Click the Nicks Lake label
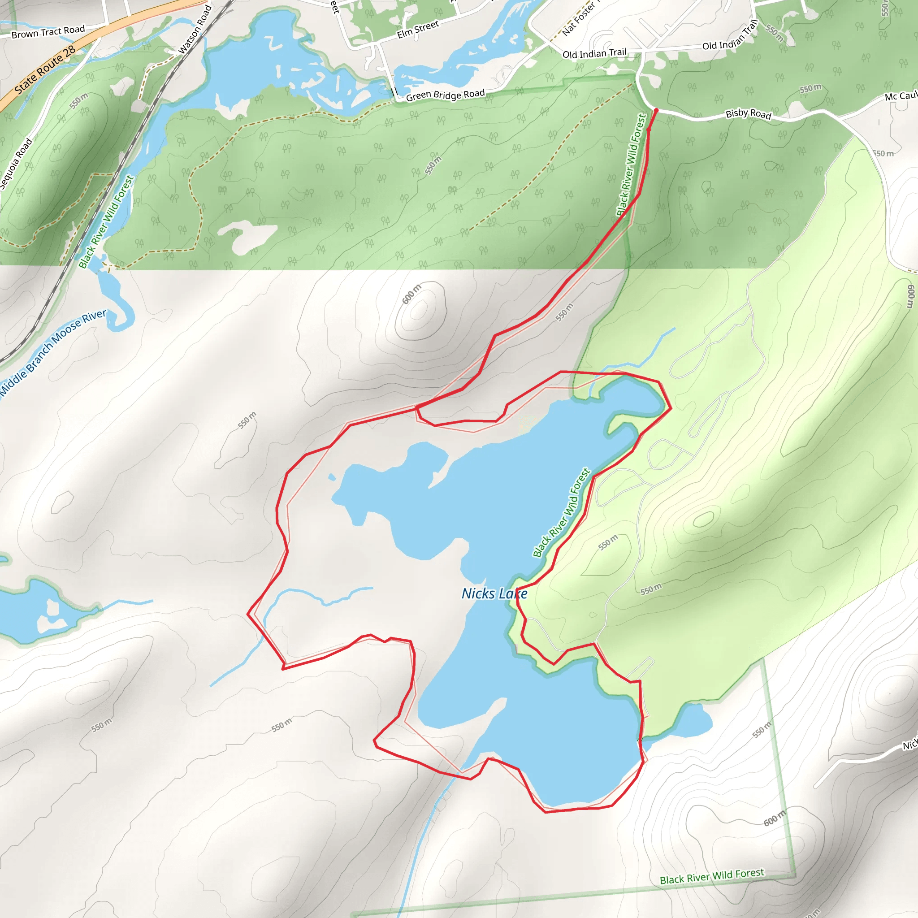[494, 593]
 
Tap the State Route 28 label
[45, 70]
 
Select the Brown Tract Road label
[48, 32]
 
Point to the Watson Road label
[195, 30]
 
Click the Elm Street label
[418, 30]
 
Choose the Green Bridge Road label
[445, 95]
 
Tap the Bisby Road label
[748, 114]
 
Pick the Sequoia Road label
[16, 164]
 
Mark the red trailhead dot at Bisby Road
[656, 110]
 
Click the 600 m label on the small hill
[411, 294]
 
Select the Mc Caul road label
[901, 96]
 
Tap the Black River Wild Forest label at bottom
[712, 876]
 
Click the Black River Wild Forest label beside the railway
[106, 222]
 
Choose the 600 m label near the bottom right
[775, 818]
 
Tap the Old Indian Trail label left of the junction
[594, 53]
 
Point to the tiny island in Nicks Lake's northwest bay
[332, 477]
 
